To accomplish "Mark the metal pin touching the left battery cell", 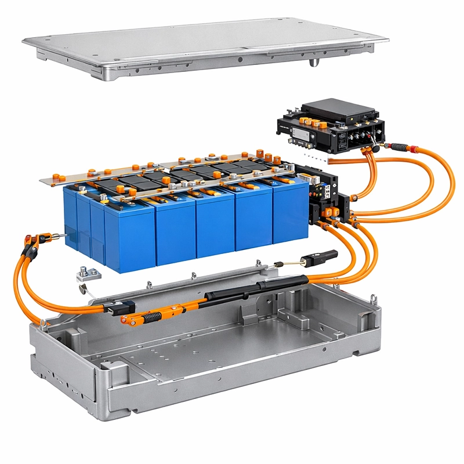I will click(x=58, y=235).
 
